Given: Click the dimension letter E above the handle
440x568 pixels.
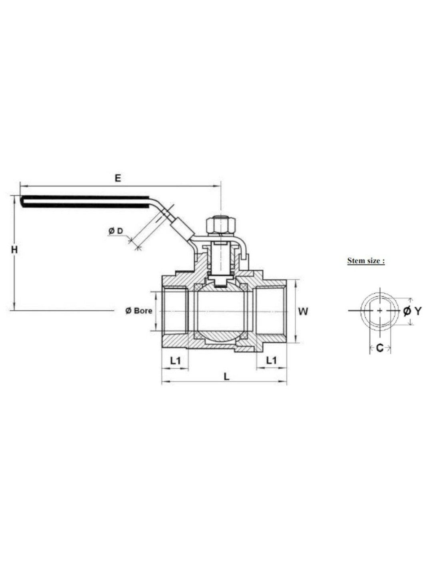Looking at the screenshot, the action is (x=118, y=178).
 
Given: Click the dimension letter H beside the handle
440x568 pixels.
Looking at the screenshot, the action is (x=14, y=250).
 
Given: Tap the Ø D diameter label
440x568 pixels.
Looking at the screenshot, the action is (x=116, y=231).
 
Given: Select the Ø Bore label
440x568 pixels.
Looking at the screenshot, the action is (x=139, y=311).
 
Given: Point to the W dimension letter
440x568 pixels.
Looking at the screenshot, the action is (x=303, y=311).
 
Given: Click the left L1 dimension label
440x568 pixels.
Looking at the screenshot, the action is (x=175, y=361).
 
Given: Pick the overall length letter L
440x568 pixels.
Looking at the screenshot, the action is (x=227, y=377).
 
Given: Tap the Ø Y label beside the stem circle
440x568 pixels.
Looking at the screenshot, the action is (x=412, y=311).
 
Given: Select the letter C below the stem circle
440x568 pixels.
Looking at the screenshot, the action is (x=380, y=348).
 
